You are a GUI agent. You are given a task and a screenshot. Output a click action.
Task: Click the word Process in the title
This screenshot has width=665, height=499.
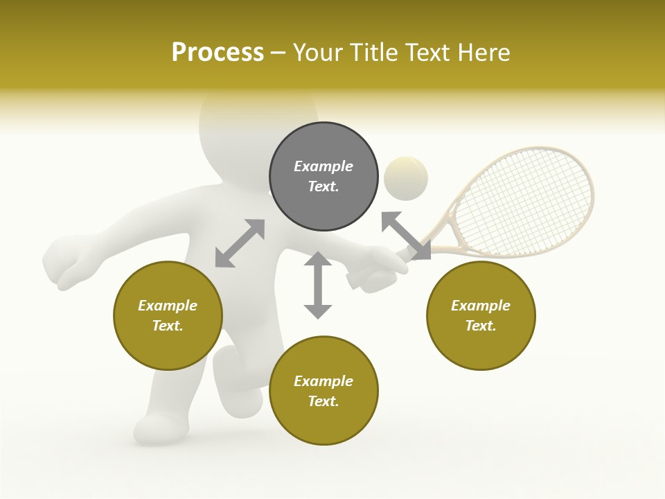point(218,53)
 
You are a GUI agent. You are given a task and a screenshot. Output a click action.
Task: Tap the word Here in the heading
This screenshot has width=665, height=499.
point(484,53)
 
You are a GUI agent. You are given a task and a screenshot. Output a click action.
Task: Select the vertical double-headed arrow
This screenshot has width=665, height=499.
point(318,285)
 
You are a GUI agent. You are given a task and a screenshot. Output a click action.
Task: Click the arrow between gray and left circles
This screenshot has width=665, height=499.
point(240,243)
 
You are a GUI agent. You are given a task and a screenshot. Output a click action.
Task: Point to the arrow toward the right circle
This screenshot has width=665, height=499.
point(406,236)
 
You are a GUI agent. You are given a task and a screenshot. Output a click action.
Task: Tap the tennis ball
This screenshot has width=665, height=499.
point(406,178)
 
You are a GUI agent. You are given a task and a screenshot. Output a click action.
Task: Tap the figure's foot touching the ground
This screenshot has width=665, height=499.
point(159,428)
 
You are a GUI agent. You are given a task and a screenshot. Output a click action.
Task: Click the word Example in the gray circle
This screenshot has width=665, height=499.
point(323,166)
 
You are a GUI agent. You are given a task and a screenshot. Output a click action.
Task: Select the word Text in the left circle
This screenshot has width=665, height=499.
point(168,326)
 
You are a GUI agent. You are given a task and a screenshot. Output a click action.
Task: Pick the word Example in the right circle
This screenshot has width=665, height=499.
point(481,306)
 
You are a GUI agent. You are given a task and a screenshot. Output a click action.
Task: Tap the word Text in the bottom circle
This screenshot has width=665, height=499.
point(323,401)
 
